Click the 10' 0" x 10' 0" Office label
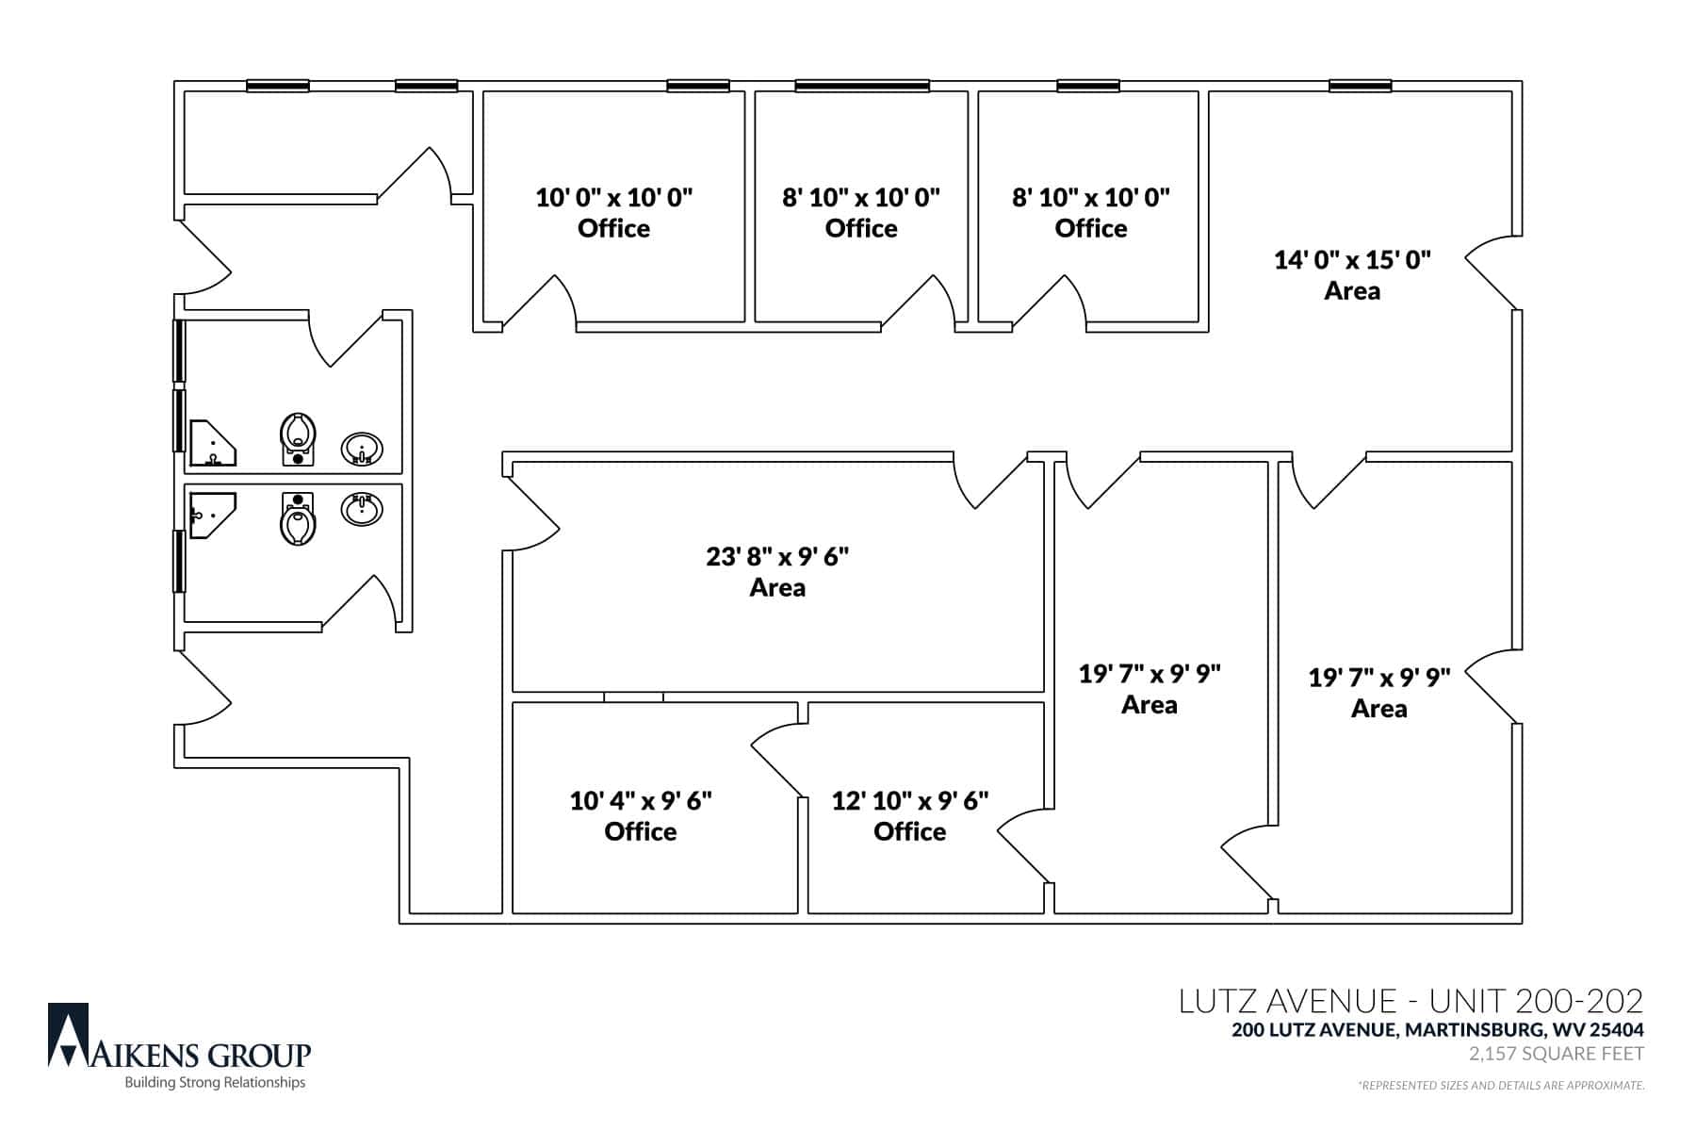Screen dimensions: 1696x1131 click(613, 213)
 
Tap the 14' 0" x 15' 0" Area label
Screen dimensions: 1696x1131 click(1352, 274)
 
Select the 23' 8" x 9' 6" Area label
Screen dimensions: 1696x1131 click(777, 571)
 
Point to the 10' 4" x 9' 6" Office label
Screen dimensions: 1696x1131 click(641, 815)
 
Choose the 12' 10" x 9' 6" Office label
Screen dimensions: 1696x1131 click(910, 815)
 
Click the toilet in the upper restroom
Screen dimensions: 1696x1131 click(298, 439)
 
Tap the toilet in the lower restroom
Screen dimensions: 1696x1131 click(298, 519)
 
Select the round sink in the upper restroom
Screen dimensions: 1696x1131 click(362, 449)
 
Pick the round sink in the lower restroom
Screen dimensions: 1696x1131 click(362, 509)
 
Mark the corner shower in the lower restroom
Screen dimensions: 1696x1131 click(212, 515)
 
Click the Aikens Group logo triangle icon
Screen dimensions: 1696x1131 click(69, 1035)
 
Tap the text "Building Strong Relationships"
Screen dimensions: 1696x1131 click(216, 1083)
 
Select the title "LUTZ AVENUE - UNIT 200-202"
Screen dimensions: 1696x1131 click(1411, 1001)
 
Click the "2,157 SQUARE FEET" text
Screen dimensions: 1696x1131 click(1557, 1054)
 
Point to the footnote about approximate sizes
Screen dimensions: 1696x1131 click(1501, 1086)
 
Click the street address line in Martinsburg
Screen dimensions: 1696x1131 click(1438, 1030)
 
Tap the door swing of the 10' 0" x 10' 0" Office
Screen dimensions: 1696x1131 click(540, 302)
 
